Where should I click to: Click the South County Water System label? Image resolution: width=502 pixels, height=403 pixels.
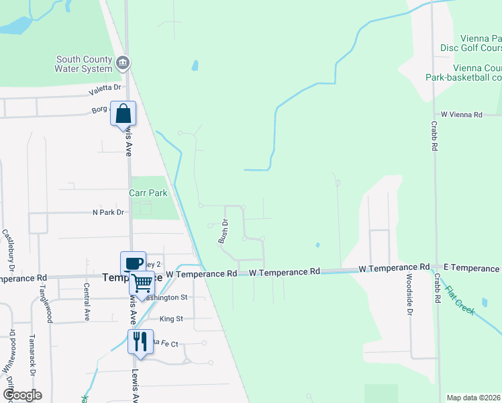pyautogui.click(x=84, y=64)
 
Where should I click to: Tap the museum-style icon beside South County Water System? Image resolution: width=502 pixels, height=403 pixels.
pyautogui.click(x=122, y=64)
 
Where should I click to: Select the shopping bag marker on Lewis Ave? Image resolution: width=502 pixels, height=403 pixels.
pyautogui.click(x=123, y=114)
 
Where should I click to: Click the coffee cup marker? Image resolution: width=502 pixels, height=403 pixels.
pyautogui.click(x=133, y=263)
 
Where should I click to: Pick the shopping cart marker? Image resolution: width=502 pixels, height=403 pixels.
pyautogui.click(x=142, y=283)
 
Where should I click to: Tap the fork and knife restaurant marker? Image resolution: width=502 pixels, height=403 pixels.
pyautogui.click(x=140, y=341)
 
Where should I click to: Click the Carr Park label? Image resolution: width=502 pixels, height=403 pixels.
pyautogui.click(x=148, y=193)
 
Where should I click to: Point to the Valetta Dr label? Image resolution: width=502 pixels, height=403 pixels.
pyautogui.click(x=106, y=88)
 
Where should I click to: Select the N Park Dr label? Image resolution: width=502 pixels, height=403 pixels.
pyautogui.click(x=109, y=212)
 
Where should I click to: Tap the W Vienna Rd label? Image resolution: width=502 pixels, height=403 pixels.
pyautogui.click(x=461, y=115)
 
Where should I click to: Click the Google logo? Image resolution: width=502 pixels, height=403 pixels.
pyautogui.click(x=21, y=395)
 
